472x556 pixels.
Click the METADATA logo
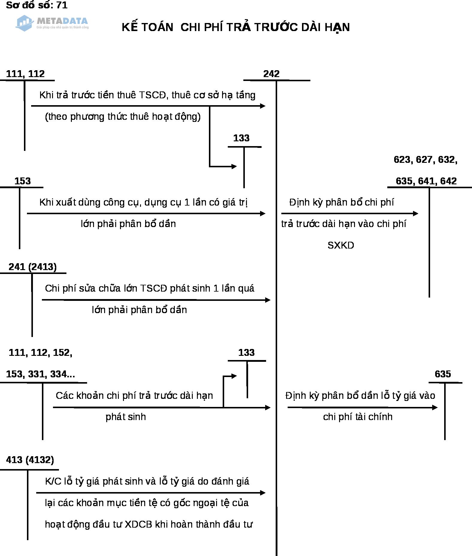coord(52,23)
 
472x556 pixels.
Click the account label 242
coord(271,74)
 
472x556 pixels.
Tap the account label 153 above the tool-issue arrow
coord(22,181)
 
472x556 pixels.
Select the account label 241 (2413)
coord(33,266)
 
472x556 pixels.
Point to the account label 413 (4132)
coord(30,459)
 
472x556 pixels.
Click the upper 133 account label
coord(241,138)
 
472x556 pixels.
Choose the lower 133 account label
coord(246,353)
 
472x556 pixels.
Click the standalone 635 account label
coord(443,374)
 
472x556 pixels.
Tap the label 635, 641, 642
coord(426,181)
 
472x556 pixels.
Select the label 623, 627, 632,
coord(425,160)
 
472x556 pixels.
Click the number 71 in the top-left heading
coord(62,5)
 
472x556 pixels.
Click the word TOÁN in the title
coord(157,27)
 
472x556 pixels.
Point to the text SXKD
coord(341,245)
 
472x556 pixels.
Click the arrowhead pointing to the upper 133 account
coord(234,166)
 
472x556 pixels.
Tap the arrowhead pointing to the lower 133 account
coord(234,376)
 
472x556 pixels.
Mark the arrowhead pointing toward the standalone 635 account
coord(435,407)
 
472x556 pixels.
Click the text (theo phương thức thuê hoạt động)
coord(123,117)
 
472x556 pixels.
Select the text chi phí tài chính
coord(358,417)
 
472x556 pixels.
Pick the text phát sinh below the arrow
coord(126,417)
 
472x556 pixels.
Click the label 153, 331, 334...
coord(40,374)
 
